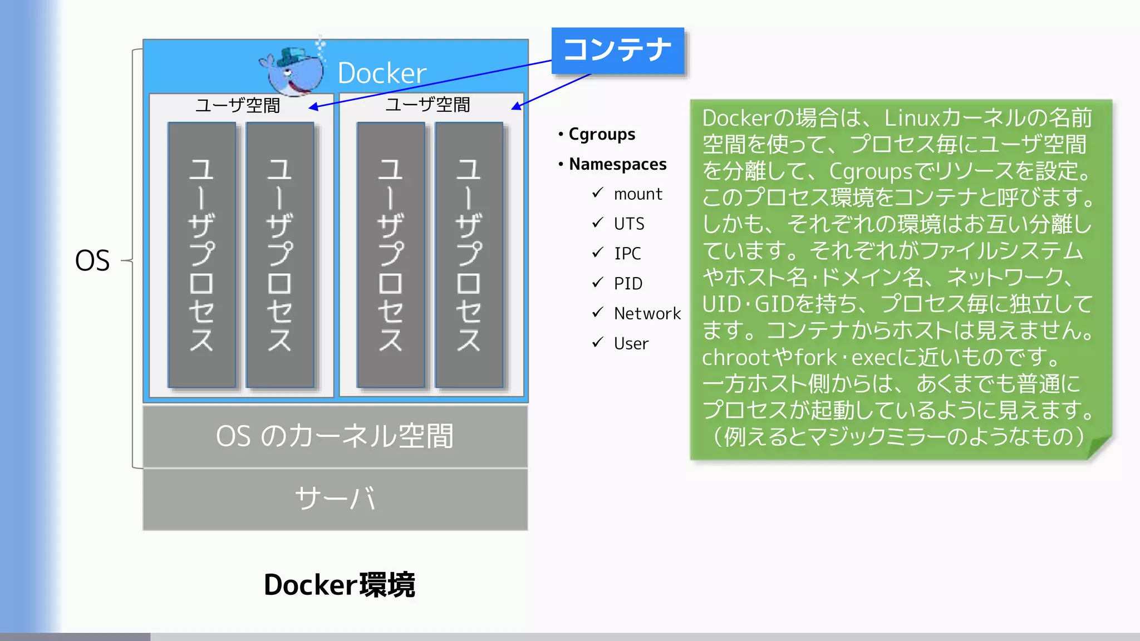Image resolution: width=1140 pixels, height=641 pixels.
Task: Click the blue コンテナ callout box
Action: click(617, 51)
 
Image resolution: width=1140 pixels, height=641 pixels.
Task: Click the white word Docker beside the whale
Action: click(382, 73)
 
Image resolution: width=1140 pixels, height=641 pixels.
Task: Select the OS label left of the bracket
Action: click(92, 260)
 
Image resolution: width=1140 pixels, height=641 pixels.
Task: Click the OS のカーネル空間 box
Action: click(335, 436)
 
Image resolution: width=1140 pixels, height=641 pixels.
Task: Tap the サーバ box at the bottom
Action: click(335, 499)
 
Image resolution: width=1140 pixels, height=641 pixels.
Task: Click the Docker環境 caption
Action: click(339, 585)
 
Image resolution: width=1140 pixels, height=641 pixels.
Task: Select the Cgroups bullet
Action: click(601, 134)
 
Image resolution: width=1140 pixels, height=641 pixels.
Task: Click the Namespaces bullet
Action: click(617, 164)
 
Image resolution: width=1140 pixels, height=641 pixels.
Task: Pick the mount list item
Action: click(638, 194)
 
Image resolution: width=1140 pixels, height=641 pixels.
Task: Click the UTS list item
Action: click(629, 224)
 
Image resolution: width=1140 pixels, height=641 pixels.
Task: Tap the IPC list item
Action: click(627, 254)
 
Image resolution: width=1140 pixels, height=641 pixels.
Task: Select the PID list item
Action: click(628, 284)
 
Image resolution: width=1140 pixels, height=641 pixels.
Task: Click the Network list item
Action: click(647, 314)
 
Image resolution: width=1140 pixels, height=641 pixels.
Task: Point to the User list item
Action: click(631, 344)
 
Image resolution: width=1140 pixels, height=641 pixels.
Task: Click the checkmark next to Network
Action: click(598, 313)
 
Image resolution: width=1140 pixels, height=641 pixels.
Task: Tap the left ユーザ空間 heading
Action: click(238, 105)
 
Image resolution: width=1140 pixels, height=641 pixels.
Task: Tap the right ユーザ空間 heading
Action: click(427, 105)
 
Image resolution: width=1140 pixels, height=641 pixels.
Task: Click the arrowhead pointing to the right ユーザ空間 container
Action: click(516, 106)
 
